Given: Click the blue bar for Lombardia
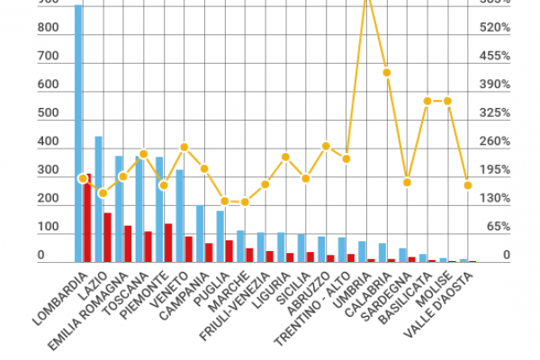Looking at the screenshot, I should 78,135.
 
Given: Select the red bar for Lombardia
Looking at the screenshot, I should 88,220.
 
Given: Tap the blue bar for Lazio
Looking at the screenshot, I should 98,198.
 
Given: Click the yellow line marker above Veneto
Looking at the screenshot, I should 184,147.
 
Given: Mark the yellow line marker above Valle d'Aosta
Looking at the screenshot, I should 468,185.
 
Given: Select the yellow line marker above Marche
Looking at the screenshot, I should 245,202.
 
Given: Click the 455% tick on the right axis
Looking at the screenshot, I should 494,56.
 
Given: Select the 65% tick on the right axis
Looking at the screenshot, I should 498,228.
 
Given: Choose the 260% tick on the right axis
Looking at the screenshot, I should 494,141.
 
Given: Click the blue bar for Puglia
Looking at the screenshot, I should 220,236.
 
